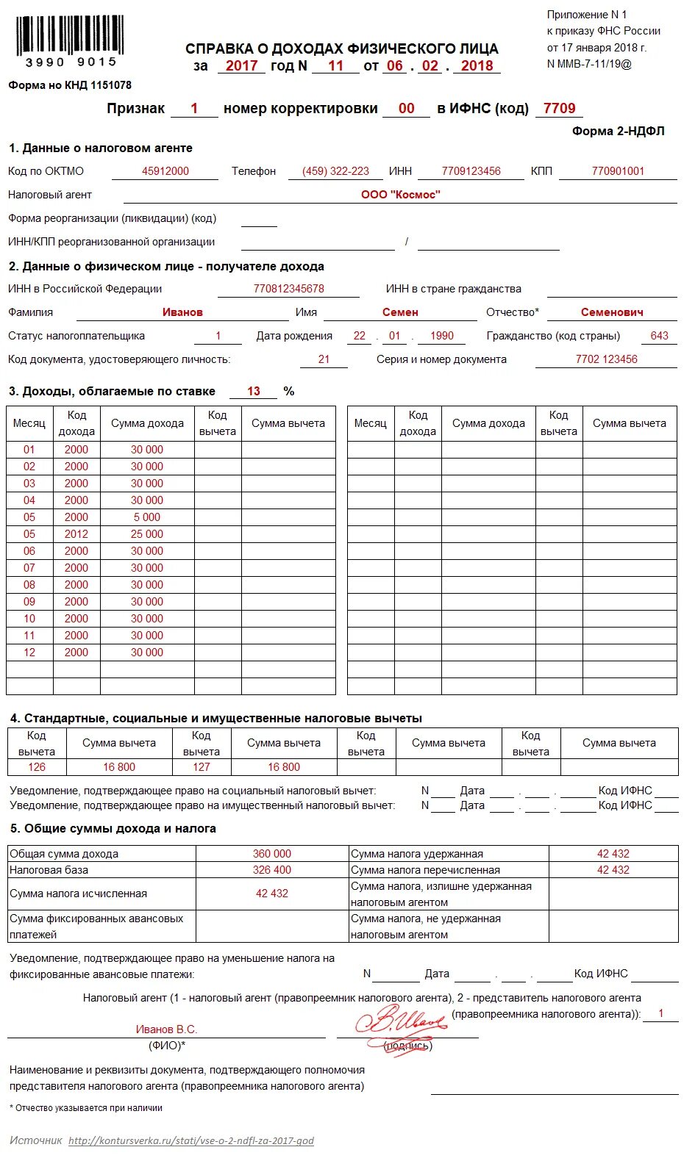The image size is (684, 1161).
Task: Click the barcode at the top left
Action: (70, 37)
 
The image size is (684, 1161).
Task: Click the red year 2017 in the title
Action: (241, 65)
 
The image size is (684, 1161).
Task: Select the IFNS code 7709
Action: (559, 108)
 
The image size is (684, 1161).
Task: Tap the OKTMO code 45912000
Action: (165, 171)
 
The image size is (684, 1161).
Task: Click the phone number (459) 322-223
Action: (336, 171)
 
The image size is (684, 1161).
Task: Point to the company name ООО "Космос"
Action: (400, 195)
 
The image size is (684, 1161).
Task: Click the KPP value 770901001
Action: (618, 171)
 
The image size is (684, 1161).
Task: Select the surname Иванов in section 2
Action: (182, 312)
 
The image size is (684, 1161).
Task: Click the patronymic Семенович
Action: (612, 312)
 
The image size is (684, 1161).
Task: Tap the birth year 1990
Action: (442, 336)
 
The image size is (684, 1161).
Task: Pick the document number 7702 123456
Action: (606, 359)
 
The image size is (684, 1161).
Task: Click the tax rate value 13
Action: (254, 391)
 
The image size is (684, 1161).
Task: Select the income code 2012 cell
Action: (76, 534)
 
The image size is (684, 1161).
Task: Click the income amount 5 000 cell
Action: (147, 517)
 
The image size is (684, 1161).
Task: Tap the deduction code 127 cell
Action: (202, 767)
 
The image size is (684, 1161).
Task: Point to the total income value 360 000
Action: (272, 854)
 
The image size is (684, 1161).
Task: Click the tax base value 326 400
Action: (272, 870)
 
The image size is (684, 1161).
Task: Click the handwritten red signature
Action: (401, 1023)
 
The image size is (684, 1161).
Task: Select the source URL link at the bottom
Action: (191, 1141)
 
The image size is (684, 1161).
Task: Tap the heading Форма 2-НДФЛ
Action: (618, 131)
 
